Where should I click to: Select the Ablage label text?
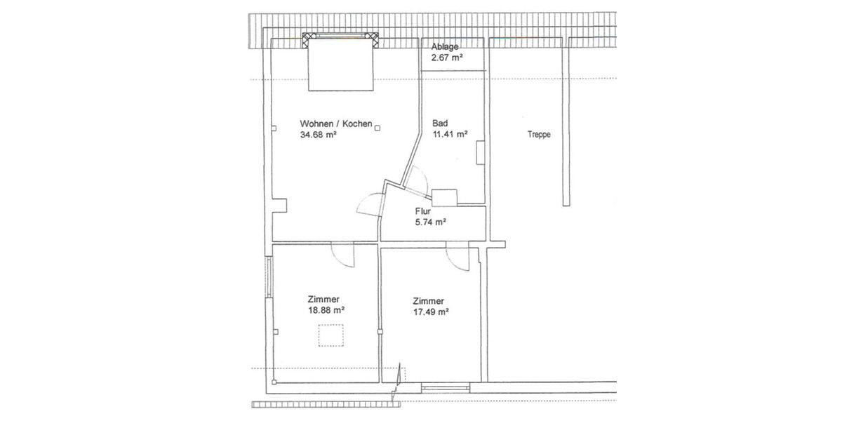pyautogui.click(x=445, y=47)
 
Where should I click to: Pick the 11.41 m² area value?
pyautogui.click(x=450, y=135)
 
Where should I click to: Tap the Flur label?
pyautogui.click(x=422, y=210)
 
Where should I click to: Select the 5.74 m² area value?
pyautogui.click(x=431, y=222)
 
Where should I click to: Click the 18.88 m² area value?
pyautogui.click(x=326, y=309)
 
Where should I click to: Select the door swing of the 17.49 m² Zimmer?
pyautogui.click(x=457, y=257)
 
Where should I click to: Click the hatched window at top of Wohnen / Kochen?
pyautogui.click(x=340, y=39)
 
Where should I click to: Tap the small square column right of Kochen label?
pyautogui.click(x=377, y=127)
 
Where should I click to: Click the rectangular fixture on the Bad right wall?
pyautogui.click(x=481, y=153)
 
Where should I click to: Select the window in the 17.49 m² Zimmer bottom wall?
pyautogui.click(x=445, y=386)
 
